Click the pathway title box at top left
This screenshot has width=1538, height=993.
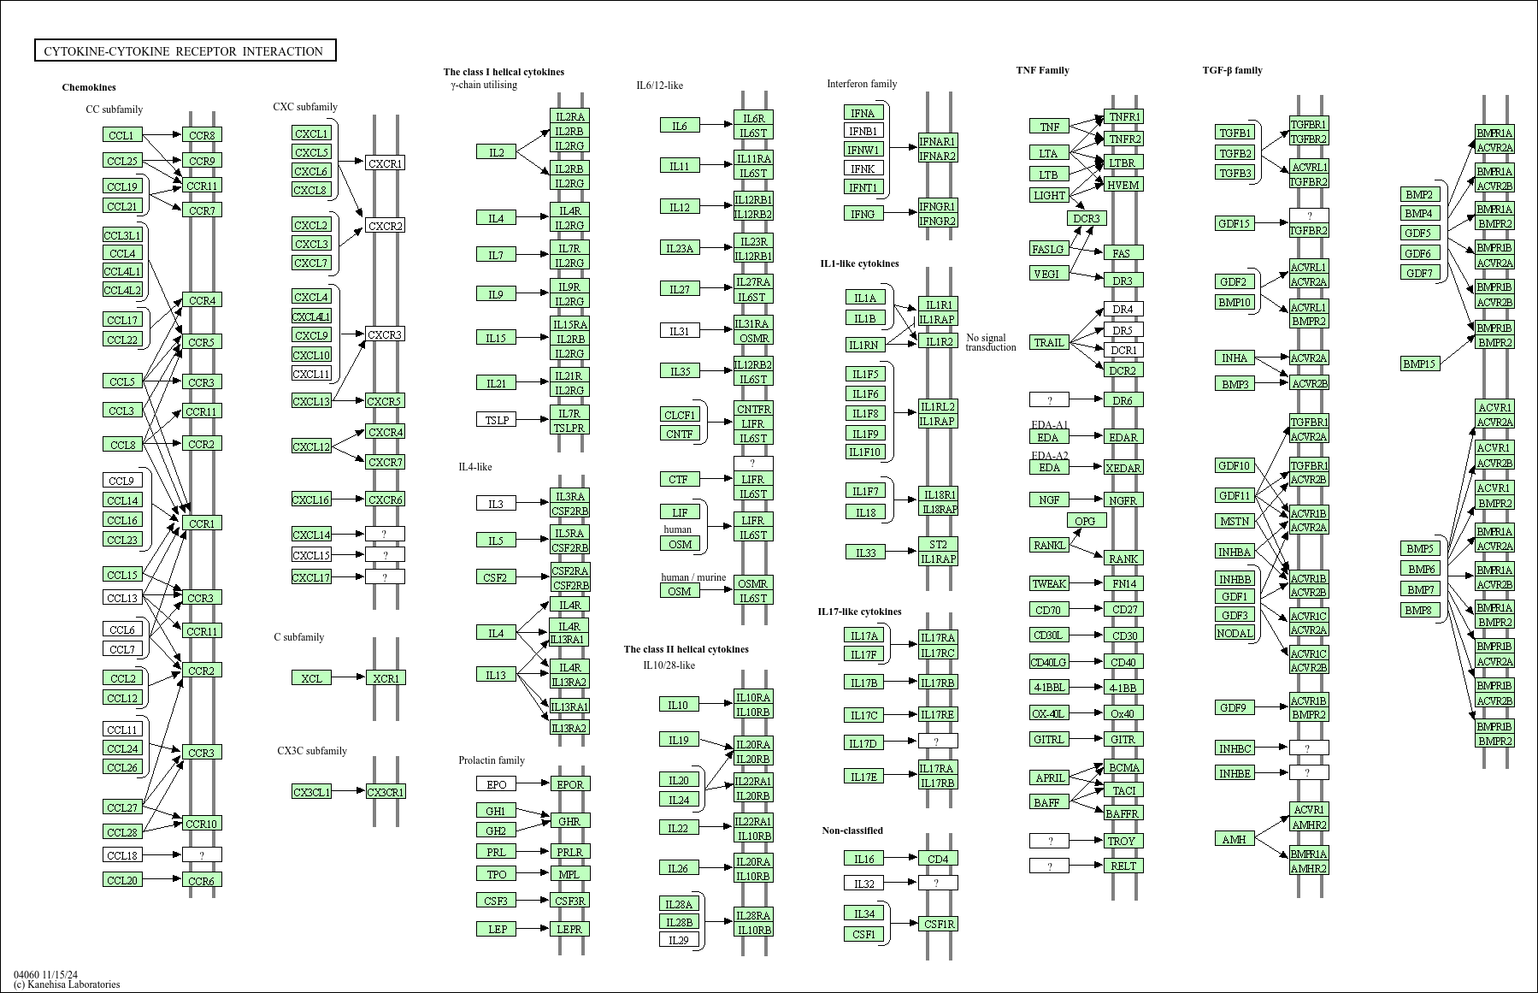185,51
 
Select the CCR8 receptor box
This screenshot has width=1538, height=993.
202,135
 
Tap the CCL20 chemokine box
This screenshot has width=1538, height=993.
122,880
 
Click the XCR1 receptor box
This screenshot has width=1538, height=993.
386,678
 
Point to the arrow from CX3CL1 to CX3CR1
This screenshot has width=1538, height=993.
348,791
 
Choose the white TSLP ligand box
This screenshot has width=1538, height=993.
496,420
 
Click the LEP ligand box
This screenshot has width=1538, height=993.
497,929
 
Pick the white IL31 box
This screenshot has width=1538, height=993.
680,331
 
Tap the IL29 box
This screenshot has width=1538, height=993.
679,940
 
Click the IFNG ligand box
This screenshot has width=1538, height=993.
863,214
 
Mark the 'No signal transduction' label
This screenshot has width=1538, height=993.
991,342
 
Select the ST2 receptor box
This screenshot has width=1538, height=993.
938,545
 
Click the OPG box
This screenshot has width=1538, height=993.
1085,521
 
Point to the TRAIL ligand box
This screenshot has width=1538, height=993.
1049,343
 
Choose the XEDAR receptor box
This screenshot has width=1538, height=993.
1123,468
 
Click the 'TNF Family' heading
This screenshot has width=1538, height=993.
1042,70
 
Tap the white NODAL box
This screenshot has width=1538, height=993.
1235,633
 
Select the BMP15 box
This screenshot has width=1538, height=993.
1419,364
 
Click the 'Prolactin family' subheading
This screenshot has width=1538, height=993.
492,760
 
